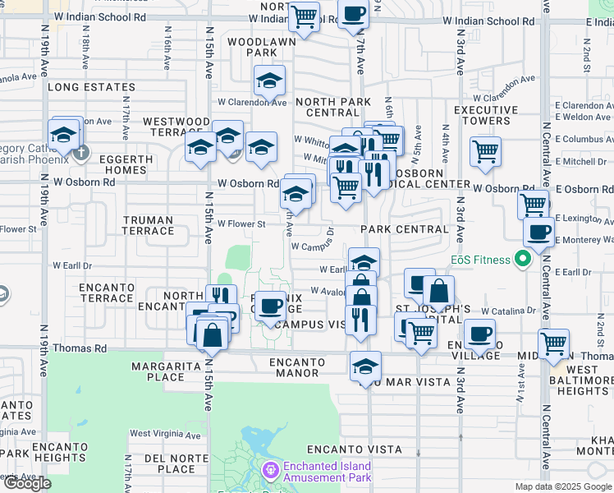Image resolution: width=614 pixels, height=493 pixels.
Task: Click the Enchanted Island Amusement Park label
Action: pyautogui.click(x=327, y=471)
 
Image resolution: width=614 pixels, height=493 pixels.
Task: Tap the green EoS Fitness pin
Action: pyautogui.click(x=522, y=260)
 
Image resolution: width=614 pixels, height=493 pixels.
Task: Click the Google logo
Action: pyautogui.click(x=27, y=483)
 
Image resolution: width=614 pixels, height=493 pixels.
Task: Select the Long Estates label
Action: pyautogui.click(x=91, y=87)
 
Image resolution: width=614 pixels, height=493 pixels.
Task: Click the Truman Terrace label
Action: pyautogui.click(x=149, y=225)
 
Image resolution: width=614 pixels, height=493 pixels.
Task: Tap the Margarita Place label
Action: pyautogui.click(x=151, y=371)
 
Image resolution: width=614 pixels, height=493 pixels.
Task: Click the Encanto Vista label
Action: pyautogui.click(x=355, y=449)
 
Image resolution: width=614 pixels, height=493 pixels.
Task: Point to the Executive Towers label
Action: pyautogui.click(x=486, y=115)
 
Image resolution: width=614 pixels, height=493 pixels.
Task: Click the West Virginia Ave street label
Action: pyautogui.click(x=165, y=434)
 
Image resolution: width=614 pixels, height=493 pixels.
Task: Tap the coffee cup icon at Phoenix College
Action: pyautogui.click(x=269, y=306)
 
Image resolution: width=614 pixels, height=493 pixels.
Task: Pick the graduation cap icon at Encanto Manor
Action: pyautogui.click(x=365, y=366)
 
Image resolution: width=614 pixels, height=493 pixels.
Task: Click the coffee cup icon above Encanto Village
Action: pyautogui.click(x=480, y=334)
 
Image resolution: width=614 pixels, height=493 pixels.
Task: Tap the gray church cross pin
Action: pyautogui.click(x=80, y=152)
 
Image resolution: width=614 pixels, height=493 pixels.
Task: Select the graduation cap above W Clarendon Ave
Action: pyautogui.click(x=269, y=80)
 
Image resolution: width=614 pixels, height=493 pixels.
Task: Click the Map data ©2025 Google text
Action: pyautogui.click(x=562, y=486)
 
